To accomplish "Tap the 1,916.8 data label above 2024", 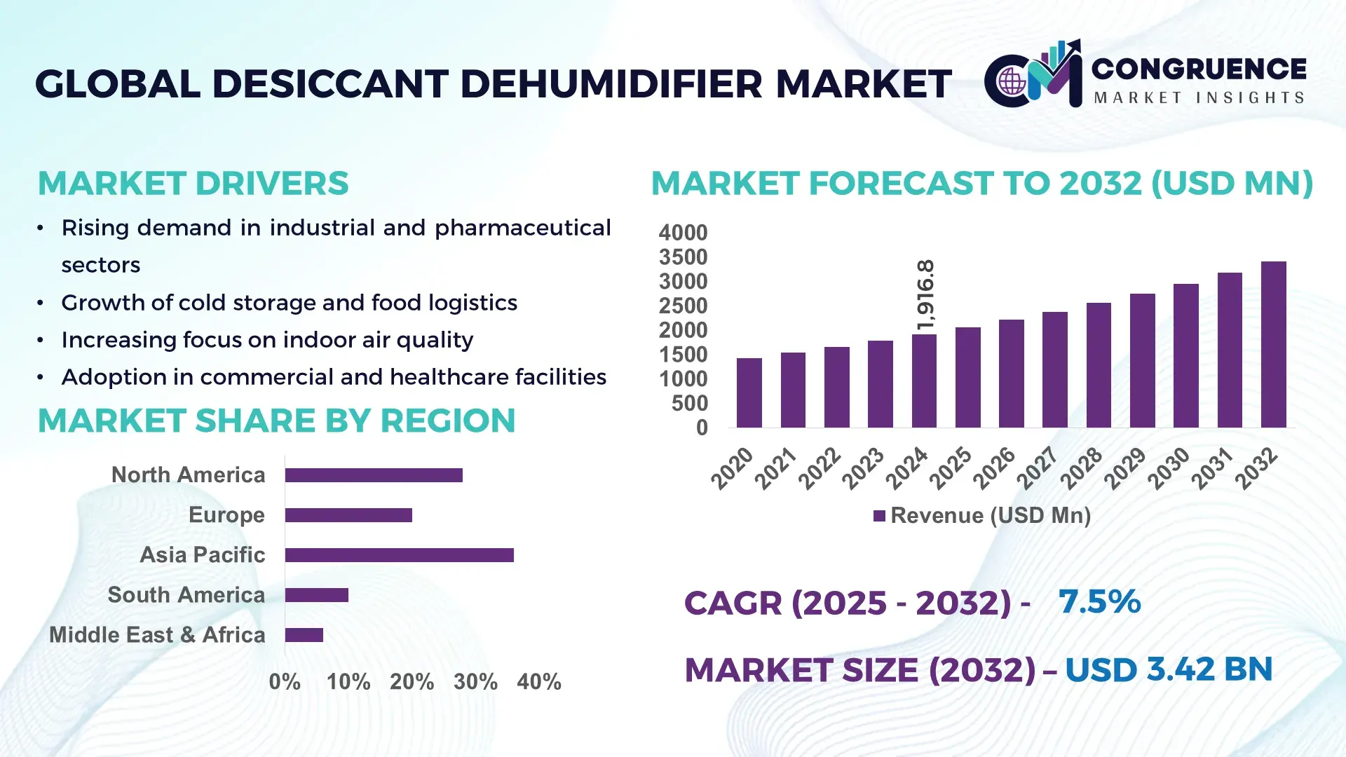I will tap(925, 295).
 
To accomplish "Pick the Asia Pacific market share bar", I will tap(399, 555).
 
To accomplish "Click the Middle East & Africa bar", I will tap(304, 635).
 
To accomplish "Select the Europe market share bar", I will tap(348, 515).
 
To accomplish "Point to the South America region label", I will tap(186, 595).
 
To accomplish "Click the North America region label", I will tap(188, 475).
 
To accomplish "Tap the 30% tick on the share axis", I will tap(475, 681).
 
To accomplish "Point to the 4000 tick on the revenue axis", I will tap(683, 233).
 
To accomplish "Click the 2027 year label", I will tap(1037, 468).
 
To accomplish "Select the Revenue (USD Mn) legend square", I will tap(879, 517).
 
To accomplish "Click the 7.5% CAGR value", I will tap(1099, 601).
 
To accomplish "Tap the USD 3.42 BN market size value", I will tap(1169, 669).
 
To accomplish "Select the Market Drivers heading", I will tap(193, 184).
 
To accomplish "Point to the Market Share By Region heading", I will tap(276, 421).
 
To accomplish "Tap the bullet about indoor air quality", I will tap(267, 340).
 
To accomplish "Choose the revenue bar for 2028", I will tap(1099, 365).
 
